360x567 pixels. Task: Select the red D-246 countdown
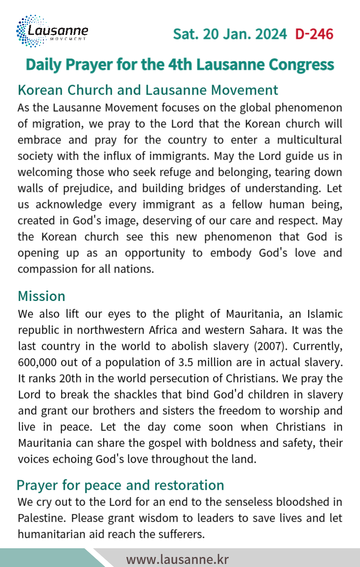tap(314, 34)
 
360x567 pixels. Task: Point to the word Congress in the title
tap(301, 65)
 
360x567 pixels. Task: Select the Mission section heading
tap(41, 296)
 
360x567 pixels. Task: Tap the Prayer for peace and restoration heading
tap(120, 485)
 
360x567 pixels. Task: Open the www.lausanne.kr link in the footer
tap(177, 559)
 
